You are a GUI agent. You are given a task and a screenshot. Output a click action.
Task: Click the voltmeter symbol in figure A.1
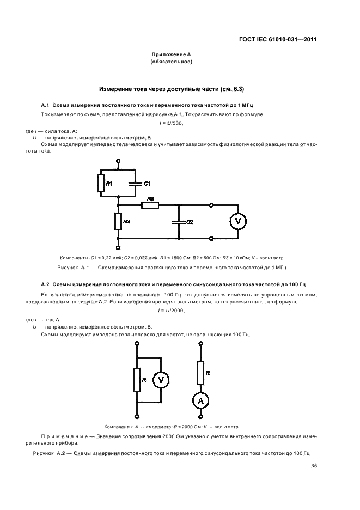tap(237, 221)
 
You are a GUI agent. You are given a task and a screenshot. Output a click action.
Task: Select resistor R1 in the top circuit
tap(101, 183)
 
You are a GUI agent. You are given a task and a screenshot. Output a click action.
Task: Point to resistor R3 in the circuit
tap(150, 205)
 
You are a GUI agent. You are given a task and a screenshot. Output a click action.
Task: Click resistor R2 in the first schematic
tap(118, 221)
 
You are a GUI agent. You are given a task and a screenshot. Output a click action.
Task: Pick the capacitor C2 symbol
tap(178, 222)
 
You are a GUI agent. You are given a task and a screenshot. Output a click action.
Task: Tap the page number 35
tap(314, 465)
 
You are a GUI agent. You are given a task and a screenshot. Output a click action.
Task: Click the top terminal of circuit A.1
tap(118, 161)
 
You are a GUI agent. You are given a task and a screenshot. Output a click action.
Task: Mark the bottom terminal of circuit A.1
tap(118, 247)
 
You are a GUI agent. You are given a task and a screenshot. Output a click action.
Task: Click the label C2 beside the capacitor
tap(190, 223)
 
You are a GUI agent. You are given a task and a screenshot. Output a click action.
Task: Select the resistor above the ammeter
tap(200, 372)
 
